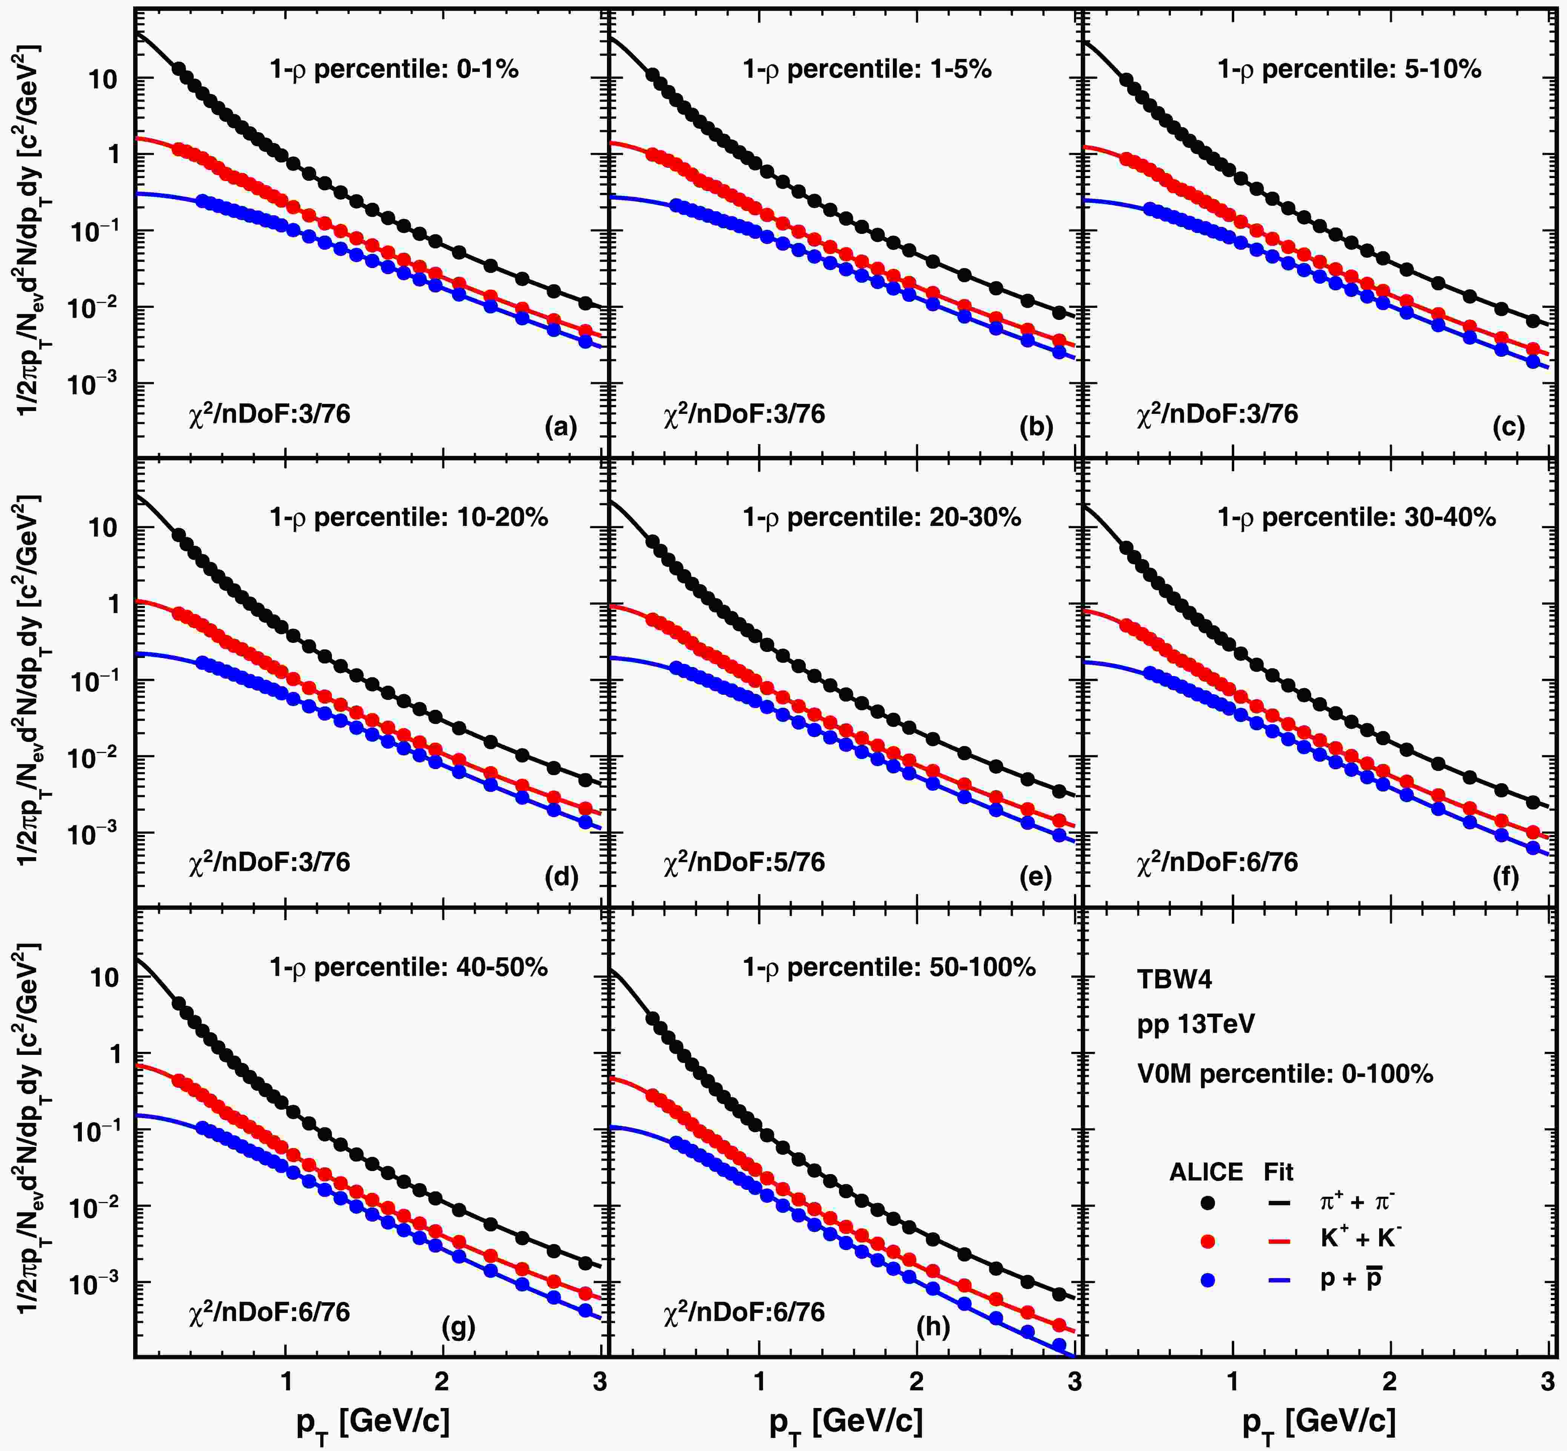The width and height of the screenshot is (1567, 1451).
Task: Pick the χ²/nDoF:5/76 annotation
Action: tap(744, 862)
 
